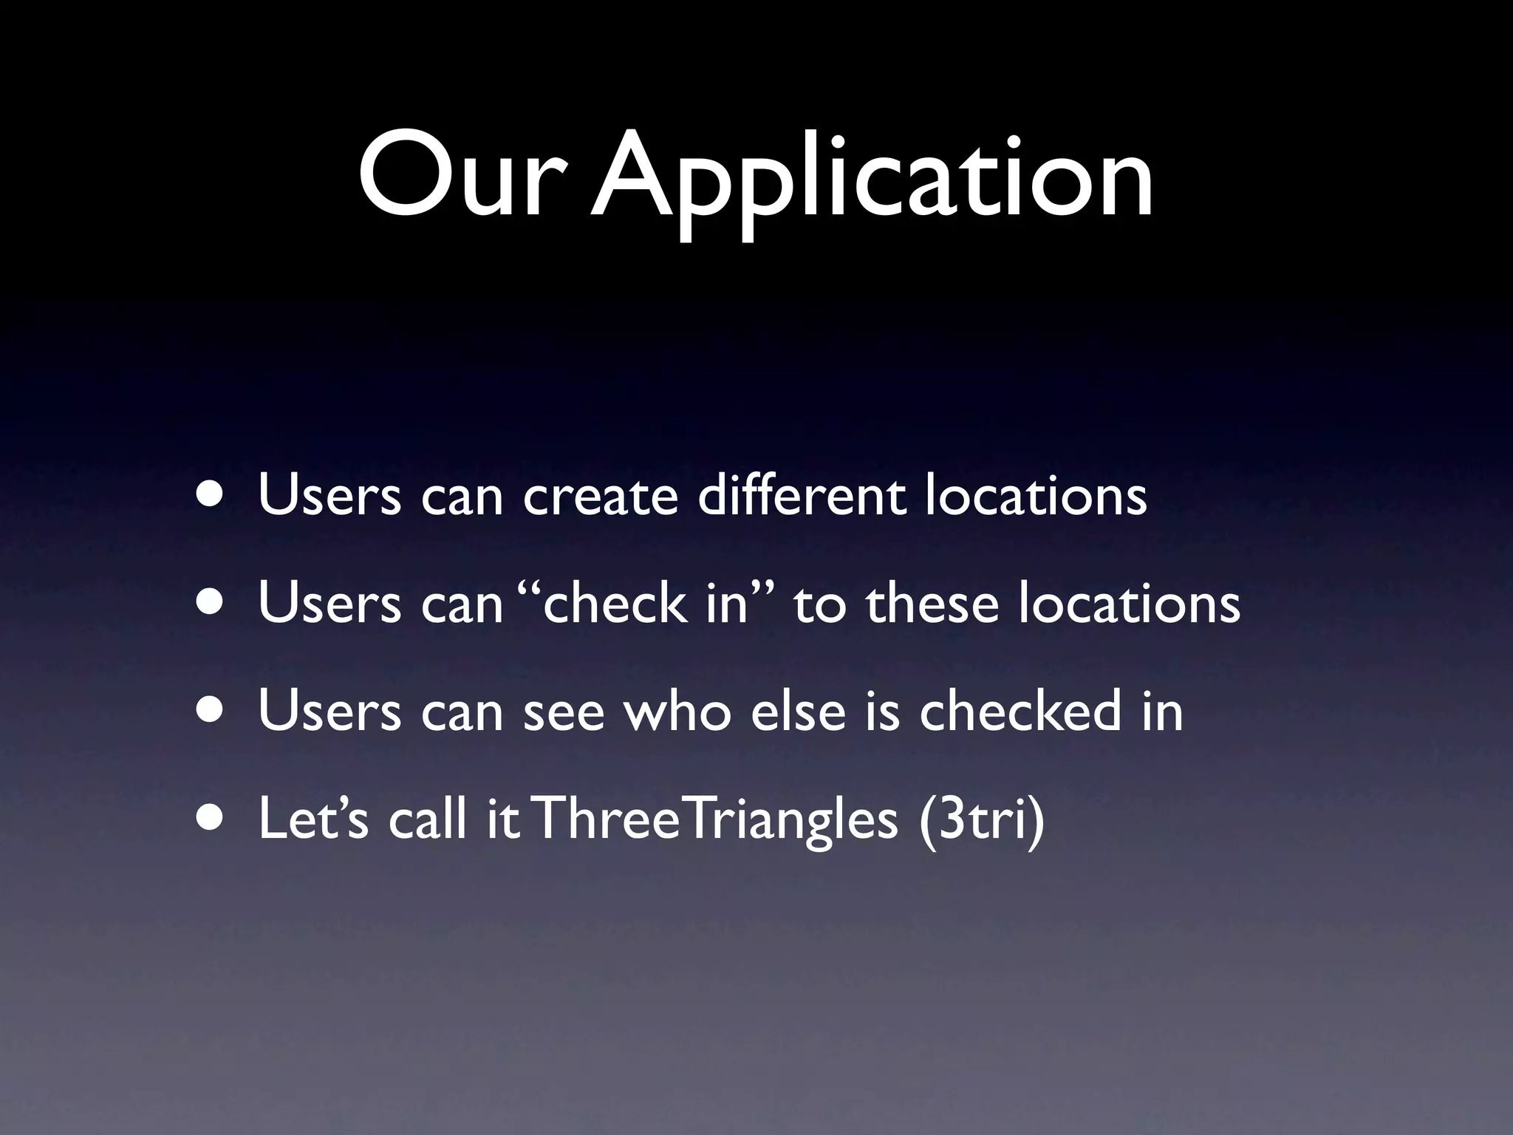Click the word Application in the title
(x=872, y=181)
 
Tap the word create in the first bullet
(x=600, y=496)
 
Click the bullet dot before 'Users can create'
(x=211, y=496)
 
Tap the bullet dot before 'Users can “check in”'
(x=211, y=603)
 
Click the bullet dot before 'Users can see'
(x=211, y=710)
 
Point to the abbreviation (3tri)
(x=982, y=821)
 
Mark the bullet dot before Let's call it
(x=211, y=819)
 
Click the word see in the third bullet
(x=564, y=712)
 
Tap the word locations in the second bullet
(x=1129, y=603)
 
